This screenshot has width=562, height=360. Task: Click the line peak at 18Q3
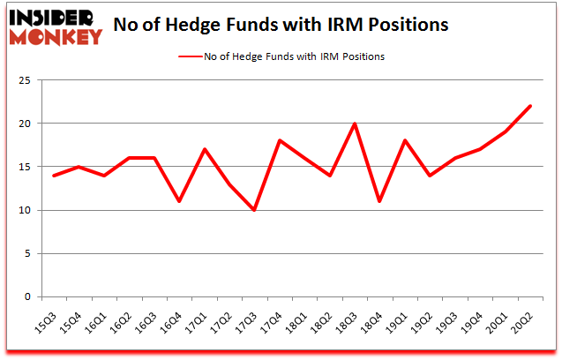point(355,124)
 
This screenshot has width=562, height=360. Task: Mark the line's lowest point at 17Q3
point(254,210)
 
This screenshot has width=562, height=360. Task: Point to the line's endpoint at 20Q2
point(530,106)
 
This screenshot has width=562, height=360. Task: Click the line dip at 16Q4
point(179,201)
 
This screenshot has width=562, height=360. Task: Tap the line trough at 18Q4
point(379,201)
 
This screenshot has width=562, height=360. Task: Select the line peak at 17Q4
point(280,141)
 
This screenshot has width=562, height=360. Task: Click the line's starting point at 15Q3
point(54,176)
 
